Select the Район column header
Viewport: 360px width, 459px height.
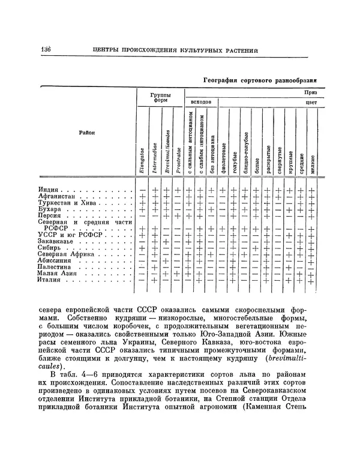pyautogui.click(x=86, y=133)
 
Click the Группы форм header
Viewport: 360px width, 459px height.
pyautogui.click(x=160, y=97)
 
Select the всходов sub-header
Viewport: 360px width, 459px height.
pyautogui.click(x=201, y=103)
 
